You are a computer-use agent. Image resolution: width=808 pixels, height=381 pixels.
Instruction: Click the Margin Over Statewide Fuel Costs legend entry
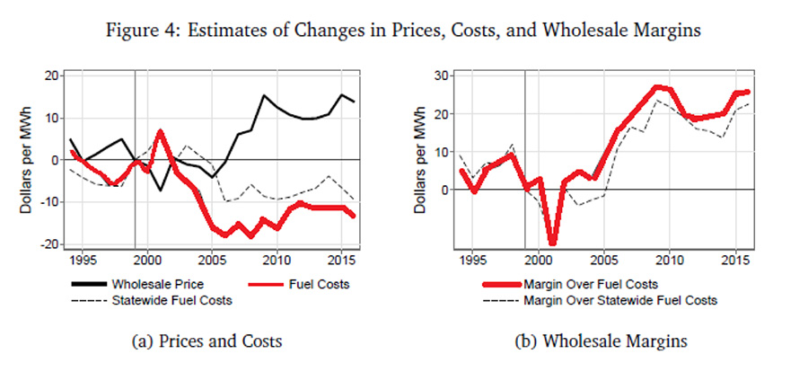click(619, 300)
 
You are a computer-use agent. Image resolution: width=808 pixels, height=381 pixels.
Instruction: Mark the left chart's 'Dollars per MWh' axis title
click(30, 160)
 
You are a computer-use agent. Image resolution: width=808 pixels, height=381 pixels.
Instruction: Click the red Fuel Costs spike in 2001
click(160, 132)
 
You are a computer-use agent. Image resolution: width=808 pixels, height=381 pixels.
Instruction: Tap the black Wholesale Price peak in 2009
click(264, 95)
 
